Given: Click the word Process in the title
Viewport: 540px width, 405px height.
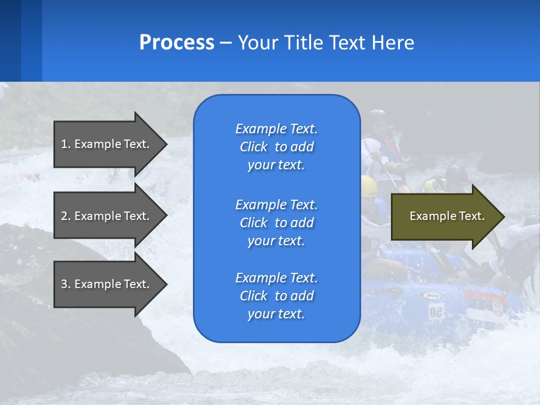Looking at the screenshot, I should pyautogui.click(x=177, y=43).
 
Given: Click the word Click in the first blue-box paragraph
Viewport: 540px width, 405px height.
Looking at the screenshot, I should pyautogui.click(x=254, y=147).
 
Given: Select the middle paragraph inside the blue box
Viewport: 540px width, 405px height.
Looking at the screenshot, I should pyautogui.click(x=276, y=223).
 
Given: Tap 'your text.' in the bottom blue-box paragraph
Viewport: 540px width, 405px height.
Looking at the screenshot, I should pyautogui.click(x=276, y=314).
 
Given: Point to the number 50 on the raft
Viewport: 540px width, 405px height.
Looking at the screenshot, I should pyautogui.click(x=435, y=312).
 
